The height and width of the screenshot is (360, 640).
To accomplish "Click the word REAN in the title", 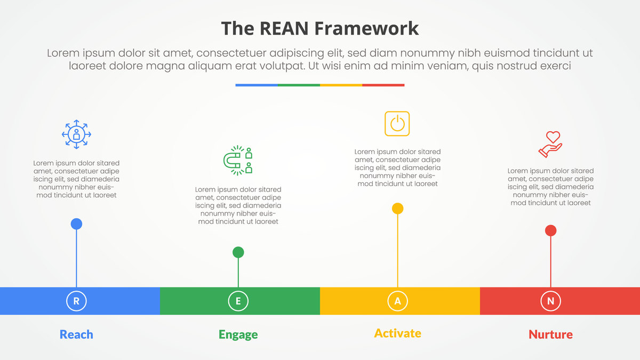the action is (284, 28).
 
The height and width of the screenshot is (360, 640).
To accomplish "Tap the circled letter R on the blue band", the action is (76, 301).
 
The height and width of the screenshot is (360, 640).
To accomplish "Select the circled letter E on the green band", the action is (238, 301).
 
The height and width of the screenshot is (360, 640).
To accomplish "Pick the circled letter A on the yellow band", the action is (397, 301).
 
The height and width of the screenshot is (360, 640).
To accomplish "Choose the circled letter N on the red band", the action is (550, 301).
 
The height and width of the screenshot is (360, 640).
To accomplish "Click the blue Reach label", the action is (76, 334).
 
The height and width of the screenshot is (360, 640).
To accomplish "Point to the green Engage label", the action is (238, 335).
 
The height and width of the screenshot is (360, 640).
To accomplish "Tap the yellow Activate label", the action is (397, 333).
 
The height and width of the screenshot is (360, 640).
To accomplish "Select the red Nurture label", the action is (550, 334).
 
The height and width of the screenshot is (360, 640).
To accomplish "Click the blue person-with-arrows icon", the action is (76, 134).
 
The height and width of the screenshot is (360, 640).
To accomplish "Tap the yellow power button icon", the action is (397, 123).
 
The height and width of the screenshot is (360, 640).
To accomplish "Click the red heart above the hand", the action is (553, 137).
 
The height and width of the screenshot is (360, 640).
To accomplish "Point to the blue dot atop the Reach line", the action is (76, 223).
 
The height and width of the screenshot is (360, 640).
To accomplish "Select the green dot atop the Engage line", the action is (238, 252).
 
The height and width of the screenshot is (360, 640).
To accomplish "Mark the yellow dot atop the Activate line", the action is (397, 209).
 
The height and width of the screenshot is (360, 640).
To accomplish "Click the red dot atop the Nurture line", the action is (550, 230).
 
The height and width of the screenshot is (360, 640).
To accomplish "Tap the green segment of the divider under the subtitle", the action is (299, 85).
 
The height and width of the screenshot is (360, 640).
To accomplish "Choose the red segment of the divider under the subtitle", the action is (383, 85).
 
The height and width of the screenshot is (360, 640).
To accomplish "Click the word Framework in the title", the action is (366, 28).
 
